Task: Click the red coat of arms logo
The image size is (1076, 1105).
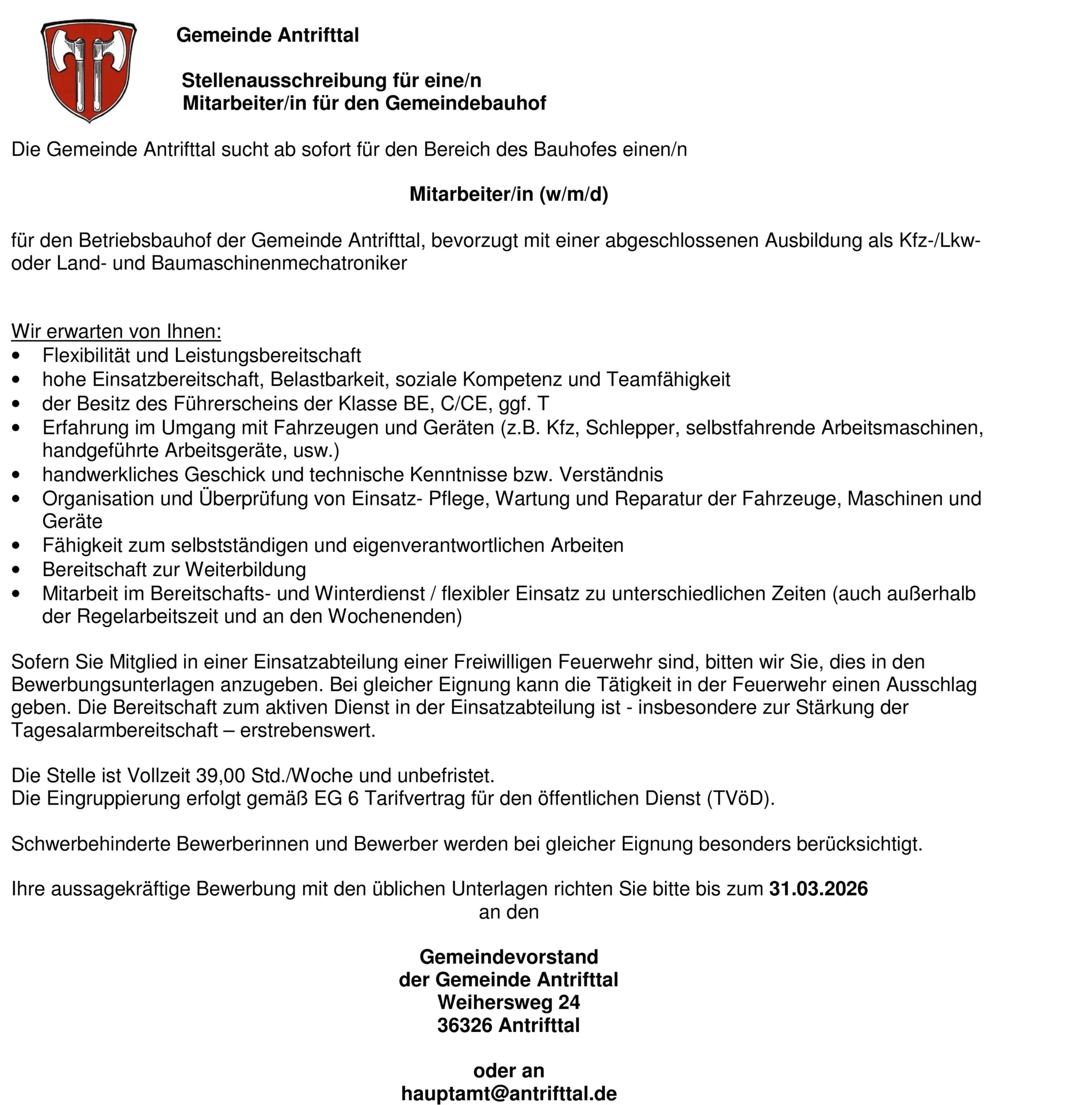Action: tap(89, 70)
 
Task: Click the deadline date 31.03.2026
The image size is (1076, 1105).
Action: tap(818, 889)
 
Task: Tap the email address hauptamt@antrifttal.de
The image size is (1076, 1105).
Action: tap(509, 1093)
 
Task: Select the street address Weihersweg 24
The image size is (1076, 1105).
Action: tap(509, 1002)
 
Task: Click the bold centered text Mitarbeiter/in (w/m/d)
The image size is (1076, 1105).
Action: tap(509, 195)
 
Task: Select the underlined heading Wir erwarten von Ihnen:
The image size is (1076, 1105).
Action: tap(116, 331)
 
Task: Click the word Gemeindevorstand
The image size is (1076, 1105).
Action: tap(509, 957)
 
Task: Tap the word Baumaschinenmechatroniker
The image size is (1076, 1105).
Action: tap(279, 263)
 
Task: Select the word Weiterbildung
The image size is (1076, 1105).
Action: tap(246, 569)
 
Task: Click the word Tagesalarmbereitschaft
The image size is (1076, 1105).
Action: tap(115, 730)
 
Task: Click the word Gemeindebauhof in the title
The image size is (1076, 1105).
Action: tap(465, 103)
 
